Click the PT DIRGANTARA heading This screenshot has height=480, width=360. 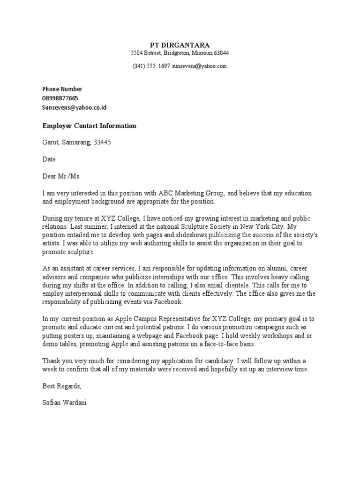click(x=180, y=45)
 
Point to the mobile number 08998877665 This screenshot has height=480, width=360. click(x=60, y=98)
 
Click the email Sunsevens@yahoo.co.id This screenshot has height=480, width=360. click(x=75, y=107)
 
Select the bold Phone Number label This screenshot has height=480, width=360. click(x=62, y=89)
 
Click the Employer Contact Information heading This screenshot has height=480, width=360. click(x=89, y=126)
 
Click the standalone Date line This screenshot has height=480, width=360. click(x=49, y=159)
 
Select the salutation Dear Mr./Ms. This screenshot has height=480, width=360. click(x=61, y=176)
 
